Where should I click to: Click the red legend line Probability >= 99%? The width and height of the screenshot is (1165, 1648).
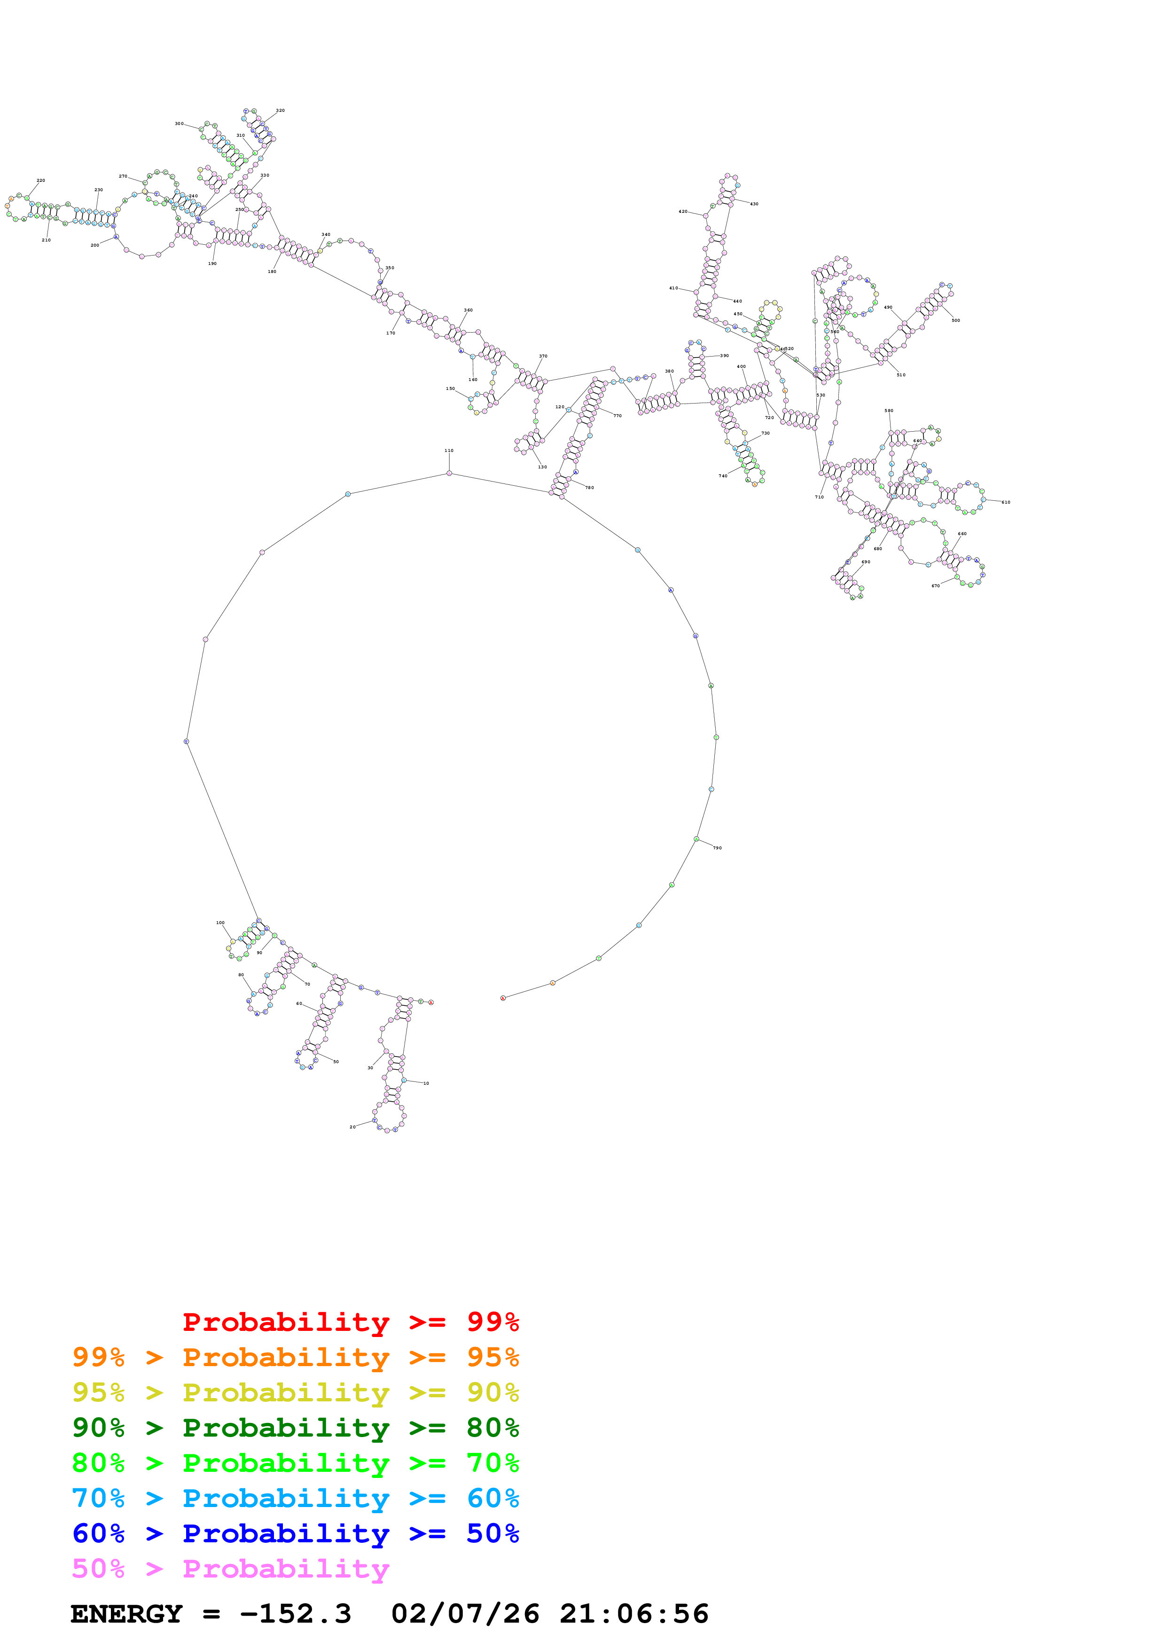tap(350, 1322)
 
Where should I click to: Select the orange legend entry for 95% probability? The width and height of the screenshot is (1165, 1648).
tap(295, 1357)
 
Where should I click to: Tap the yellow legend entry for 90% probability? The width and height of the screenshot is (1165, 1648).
tap(295, 1392)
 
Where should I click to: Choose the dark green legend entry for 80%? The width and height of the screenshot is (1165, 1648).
tap(295, 1428)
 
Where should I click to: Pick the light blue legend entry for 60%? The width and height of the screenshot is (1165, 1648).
tap(295, 1498)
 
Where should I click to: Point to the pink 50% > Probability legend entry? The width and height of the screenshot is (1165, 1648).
tap(230, 1568)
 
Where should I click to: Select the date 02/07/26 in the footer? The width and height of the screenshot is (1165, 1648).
tap(465, 1614)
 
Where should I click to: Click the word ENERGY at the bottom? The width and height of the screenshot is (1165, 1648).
tap(126, 1614)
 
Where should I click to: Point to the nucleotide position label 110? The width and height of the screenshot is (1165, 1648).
tap(449, 451)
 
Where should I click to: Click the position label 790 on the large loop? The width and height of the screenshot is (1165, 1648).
tap(717, 847)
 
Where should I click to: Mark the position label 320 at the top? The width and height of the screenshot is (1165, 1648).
tap(280, 110)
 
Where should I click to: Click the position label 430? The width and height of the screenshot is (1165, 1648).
tap(754, 204)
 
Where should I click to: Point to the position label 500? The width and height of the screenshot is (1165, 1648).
tap(955, 320)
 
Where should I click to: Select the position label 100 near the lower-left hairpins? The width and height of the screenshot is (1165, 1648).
tap(220, 922)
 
